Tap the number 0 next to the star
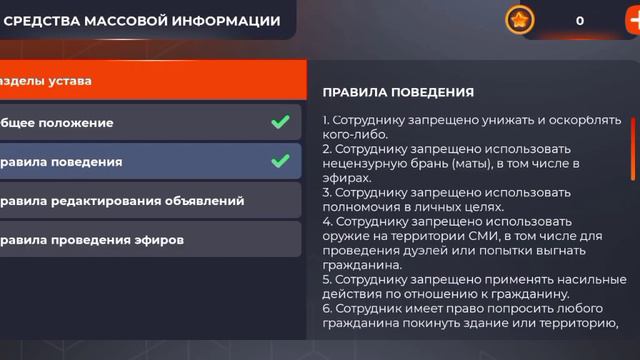(x=580, y=20)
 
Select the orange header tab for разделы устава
(x=150, y=80)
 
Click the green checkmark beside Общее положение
(x=280, y=123)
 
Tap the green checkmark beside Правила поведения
(x=280, y=161)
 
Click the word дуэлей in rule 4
(x=420, y=250)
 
